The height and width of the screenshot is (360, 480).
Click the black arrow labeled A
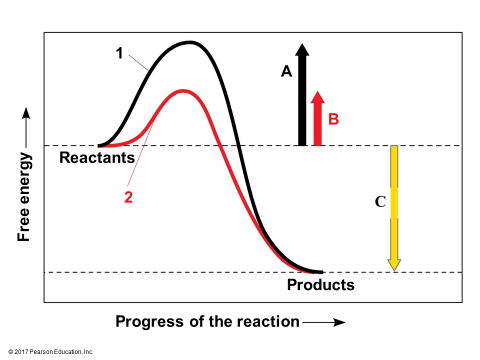coord(302,95)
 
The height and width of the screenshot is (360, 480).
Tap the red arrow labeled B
coord(318,119)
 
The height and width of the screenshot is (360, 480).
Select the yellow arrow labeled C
coord(394,208)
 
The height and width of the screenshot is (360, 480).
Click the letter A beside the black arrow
coord(287,72)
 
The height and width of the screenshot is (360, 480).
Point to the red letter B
coord(333,119)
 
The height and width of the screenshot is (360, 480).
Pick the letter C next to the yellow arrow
coord(380,202)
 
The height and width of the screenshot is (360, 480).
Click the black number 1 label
coord(119,53)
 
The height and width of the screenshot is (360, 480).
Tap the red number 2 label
coord(128,197)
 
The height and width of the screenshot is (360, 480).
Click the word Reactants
coord(97,158)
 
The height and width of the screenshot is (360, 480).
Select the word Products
coord(321,285)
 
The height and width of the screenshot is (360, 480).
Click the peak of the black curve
coord(190,42)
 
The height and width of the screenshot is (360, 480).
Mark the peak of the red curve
coord(182,91)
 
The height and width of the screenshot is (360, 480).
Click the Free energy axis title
coord(24,197)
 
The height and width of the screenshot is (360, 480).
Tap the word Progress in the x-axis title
coord(149,322)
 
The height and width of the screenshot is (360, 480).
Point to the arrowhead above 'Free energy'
coord(26,113)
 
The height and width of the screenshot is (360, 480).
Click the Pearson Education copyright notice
coord(51,352)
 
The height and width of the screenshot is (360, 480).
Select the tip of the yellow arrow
coord(394,271)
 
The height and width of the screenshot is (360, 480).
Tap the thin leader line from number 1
coord(138,63)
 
